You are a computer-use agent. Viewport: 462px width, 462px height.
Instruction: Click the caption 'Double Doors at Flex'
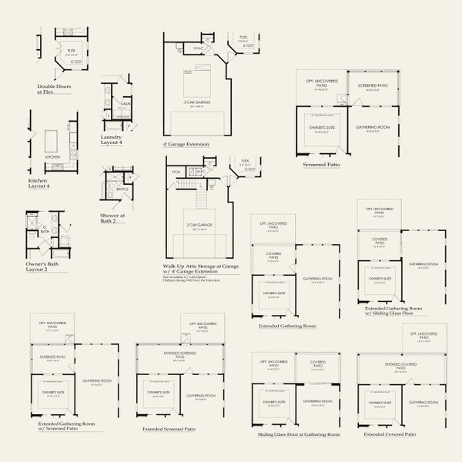click(55, 89)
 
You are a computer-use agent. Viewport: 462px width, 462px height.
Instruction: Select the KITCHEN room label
click(52, 157)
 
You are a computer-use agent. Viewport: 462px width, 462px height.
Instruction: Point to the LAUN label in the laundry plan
click(126, 102)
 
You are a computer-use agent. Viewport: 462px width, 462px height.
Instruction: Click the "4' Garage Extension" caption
click(186, 144)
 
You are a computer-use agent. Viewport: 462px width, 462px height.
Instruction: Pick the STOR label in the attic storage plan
click(176, 172)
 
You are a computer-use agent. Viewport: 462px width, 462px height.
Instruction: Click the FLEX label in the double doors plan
click(70, 50)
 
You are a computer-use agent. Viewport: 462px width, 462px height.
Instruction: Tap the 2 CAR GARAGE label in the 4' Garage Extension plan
click(197, 102)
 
